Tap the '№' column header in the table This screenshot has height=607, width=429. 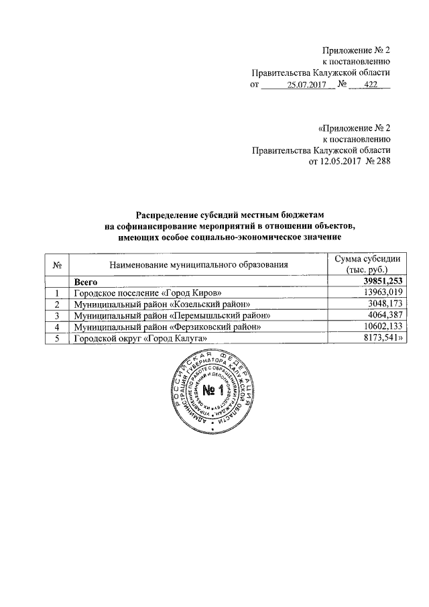coord(57,265)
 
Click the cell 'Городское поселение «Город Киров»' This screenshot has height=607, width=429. coord(147,293)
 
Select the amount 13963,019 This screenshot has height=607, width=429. coord(381,293)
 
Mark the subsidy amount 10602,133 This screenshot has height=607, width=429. coord(381,327)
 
